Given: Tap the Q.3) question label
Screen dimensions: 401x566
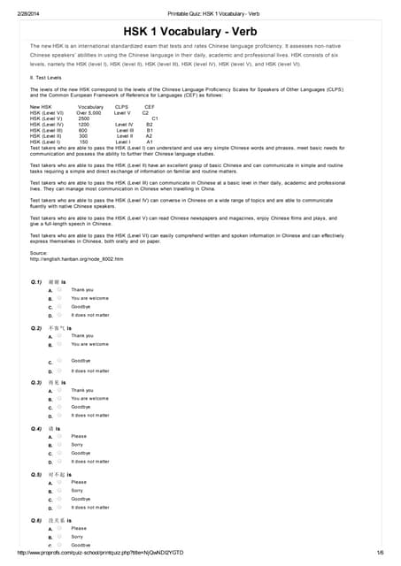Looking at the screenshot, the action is tap(36, 382).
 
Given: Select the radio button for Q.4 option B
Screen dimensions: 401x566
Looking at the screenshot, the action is tap(59, 445).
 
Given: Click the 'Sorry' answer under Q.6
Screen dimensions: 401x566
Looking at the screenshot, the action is tap(77, 536).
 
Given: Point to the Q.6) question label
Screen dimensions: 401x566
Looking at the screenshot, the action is tap(36, 520).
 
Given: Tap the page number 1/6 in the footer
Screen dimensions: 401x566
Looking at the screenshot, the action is tap(379, 553).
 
